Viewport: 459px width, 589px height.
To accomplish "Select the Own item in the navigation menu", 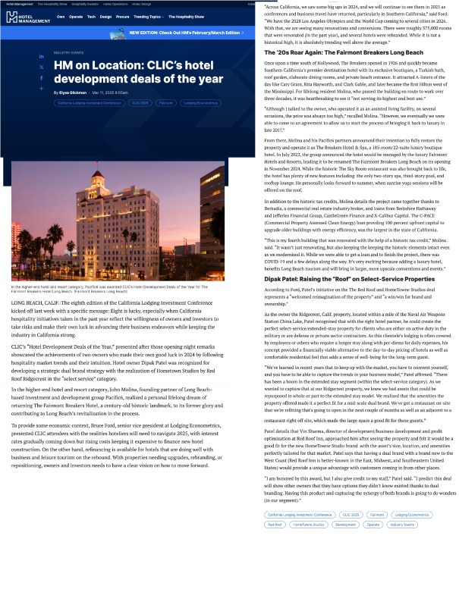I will (x=60, y=16).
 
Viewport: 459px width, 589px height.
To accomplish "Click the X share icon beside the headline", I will (x=42, y=67).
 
